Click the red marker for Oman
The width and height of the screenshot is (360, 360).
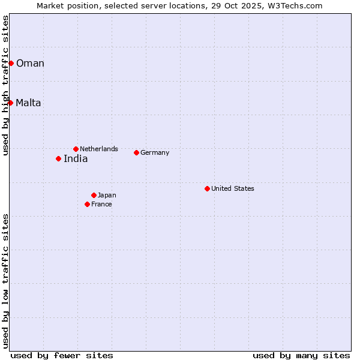[11, 63]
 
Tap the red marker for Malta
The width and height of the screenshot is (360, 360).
[10, 103]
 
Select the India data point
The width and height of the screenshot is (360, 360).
[58, 158]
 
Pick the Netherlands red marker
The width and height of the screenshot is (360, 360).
[76, 149]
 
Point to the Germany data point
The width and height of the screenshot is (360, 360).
[136, 152]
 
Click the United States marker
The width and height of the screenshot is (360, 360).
[207, 188]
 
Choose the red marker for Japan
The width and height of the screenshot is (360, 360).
[94, 195]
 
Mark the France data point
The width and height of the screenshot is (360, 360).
[87, 204]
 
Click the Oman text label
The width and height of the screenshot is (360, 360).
[30, 64]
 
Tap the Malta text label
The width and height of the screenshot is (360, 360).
[28, 103]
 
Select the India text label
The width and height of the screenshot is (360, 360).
[76, 159]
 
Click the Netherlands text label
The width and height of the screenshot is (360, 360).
[99, 149]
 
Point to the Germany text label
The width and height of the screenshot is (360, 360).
[155, 152]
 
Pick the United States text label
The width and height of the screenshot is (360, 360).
[233, 188]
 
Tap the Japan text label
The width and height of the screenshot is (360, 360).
[107, 195]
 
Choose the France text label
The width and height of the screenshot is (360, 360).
[101, 204]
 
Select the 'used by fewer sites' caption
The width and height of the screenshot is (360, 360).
[62, 355]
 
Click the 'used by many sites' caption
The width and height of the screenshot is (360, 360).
[301, 355]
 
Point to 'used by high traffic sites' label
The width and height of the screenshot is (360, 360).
[5, 85]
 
